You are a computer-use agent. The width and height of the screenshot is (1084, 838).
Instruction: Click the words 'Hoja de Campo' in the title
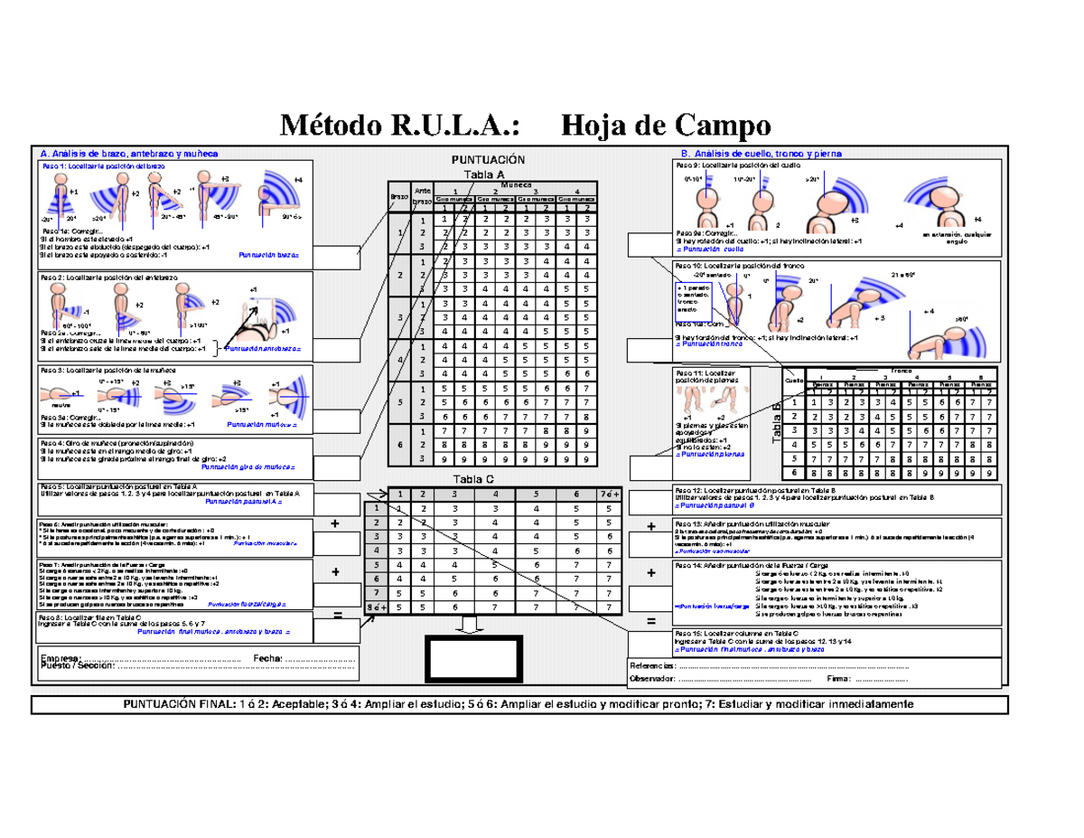pos(666,123)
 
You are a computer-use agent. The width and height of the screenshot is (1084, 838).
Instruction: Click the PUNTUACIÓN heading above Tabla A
pos(488,160)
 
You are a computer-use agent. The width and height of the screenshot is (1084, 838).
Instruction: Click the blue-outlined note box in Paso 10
pos(694,300)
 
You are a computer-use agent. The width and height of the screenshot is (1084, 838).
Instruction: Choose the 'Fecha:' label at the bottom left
pos(268,657)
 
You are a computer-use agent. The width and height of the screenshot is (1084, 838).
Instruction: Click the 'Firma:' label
pos(838,679)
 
